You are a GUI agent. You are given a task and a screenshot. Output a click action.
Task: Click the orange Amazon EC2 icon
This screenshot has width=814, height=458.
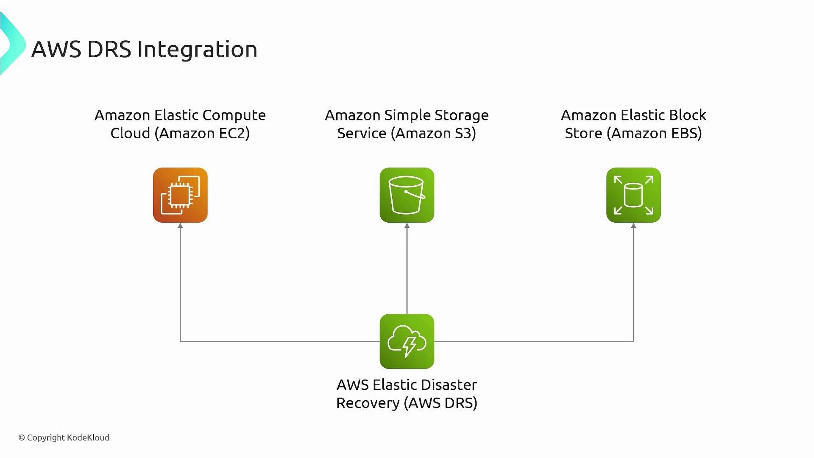180,195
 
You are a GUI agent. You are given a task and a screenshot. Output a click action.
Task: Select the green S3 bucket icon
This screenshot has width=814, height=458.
407,195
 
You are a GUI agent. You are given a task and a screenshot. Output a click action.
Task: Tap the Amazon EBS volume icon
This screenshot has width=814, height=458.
633,195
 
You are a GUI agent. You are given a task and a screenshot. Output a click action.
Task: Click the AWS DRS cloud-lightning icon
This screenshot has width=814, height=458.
407,341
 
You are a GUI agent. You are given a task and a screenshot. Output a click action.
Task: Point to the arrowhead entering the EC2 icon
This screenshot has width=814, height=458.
180,226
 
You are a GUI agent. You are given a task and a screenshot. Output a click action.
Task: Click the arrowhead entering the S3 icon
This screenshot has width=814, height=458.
407,226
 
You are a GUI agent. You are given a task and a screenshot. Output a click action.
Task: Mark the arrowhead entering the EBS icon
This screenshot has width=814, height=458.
633,226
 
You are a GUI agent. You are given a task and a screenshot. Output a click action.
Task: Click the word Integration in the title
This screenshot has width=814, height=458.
197,50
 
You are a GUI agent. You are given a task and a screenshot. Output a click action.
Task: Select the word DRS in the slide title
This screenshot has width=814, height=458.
109,50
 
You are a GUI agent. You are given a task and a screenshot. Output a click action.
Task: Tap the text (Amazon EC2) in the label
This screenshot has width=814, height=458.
202,133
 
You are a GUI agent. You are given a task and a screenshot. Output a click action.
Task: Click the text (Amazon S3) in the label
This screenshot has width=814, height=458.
433,133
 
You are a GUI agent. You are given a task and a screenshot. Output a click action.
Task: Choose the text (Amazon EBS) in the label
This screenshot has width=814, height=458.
654,133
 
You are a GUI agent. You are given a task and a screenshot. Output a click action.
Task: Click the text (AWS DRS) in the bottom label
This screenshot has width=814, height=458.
441,403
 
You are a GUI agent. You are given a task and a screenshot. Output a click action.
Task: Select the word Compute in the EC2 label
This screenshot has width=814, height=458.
234,115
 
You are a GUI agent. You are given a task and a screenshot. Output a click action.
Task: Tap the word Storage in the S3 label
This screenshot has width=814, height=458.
462,115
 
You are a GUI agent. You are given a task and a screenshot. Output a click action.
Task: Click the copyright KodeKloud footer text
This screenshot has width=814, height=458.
64,437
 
